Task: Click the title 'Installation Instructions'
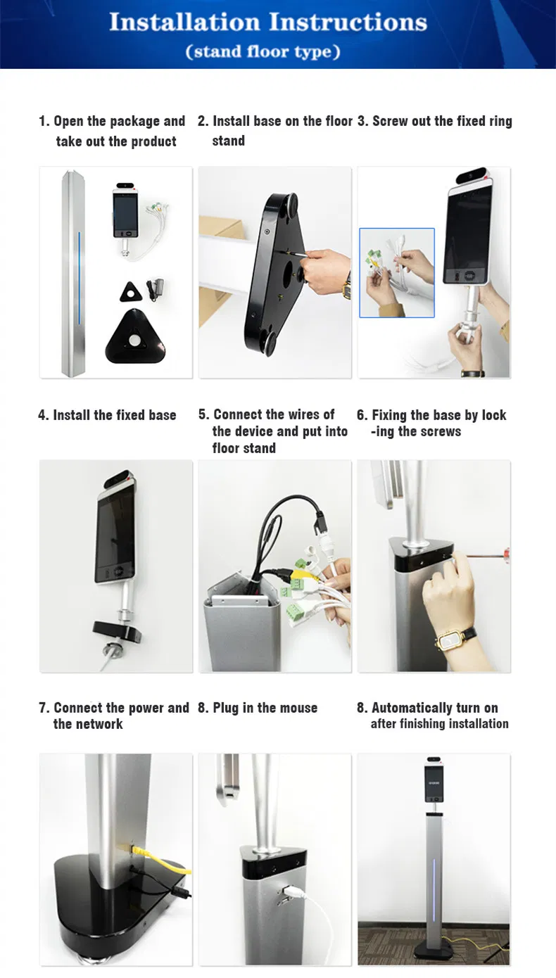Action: (268, 22)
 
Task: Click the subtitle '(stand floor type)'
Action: (263, 52)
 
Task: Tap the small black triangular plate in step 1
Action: (130, 291)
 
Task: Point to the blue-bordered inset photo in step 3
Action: (397, 272)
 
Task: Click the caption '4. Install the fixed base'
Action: (107, 415)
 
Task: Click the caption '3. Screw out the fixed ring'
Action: (434, 121)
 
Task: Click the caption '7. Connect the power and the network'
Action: (113, 716)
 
